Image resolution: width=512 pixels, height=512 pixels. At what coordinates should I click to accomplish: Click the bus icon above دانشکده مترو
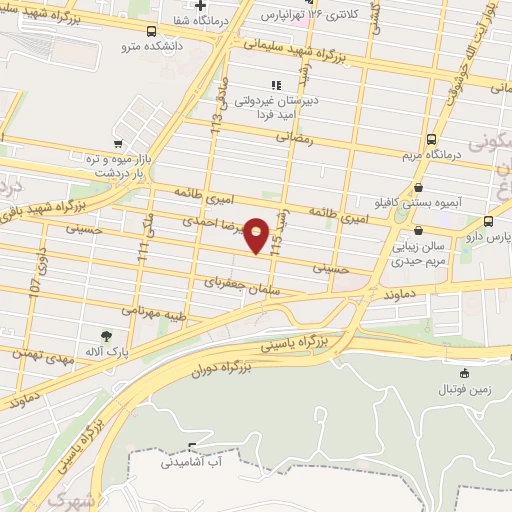pyautogui.click(x=150, y=31)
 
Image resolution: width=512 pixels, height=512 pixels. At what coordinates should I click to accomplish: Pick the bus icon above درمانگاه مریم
pyautogui.click(x=431, y=140)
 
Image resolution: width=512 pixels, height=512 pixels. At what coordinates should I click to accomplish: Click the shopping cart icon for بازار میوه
pyautogui.click(x=119, y=143)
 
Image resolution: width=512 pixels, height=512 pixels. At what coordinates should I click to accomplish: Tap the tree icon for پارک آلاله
pyautogui.click(x=106, y=336)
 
